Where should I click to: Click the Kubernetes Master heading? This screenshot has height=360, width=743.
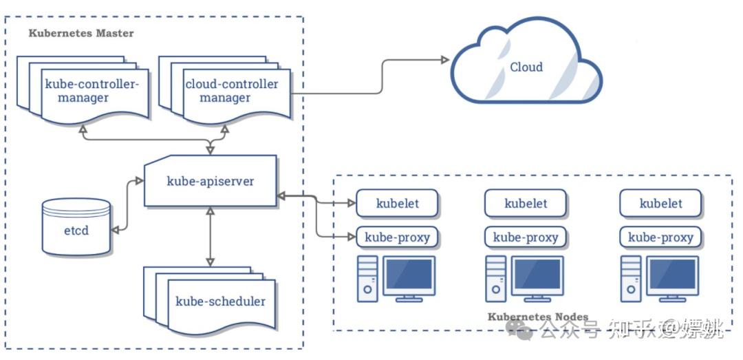tap(81, 33)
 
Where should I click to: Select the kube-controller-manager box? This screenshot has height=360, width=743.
tap(92, 91)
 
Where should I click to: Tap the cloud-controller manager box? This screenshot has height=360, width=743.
tap(231, 91)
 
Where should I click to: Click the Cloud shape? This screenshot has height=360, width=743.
tap(526, 67)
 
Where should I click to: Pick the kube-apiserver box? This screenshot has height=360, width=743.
tap(211, 182)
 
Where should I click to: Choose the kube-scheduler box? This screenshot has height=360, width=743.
tap(220, 301)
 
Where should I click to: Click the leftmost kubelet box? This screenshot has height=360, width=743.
tap(397, 204)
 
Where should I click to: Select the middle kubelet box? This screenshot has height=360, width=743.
tap(526, 204)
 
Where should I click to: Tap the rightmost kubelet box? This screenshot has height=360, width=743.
tap(660, 204)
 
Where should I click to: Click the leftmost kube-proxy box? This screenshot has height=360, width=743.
tap(397, 237)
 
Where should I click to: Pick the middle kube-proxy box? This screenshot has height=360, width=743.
tap(526, 237)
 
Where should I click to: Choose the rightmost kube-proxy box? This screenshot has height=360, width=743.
tap(660, 237)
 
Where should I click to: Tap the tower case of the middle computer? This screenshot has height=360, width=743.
tap(496, 278)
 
